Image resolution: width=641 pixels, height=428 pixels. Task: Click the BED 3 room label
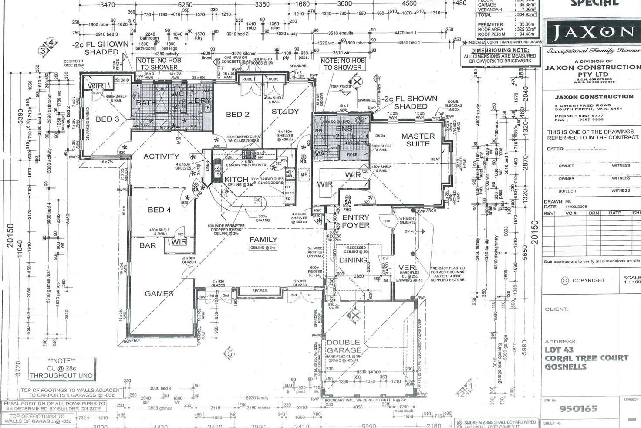point(108,119)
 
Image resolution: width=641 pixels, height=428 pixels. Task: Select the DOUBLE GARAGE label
point(344,346)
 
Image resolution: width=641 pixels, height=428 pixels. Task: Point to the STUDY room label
point(285,112)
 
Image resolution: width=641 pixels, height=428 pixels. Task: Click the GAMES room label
point(159,293)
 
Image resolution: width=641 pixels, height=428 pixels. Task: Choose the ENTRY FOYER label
point(355,221)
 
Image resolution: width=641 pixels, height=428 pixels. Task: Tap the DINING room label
point(353,260)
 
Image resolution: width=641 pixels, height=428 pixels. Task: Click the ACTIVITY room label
point(161,156)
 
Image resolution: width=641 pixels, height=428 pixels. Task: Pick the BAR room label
point(148,245)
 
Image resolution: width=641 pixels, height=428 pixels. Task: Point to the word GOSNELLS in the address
point(565,367)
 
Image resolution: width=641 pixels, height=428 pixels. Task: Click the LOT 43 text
point(559,350)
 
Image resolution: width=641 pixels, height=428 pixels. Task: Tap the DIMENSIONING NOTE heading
point(499,51)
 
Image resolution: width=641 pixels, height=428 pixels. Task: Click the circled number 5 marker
point(230,353)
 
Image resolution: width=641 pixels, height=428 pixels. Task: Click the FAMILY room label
point(263,239)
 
